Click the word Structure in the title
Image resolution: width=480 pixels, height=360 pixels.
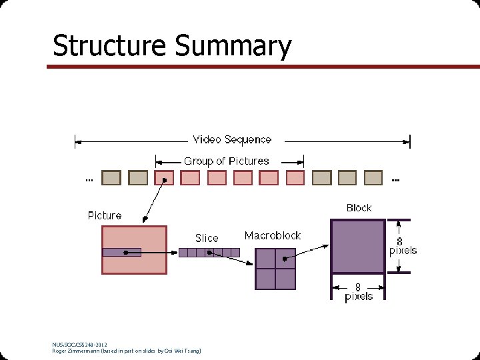[x=110, y=46]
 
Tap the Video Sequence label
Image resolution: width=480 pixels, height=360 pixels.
[x=232, y=139]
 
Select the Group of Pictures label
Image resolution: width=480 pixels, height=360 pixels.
[x=226, y=161]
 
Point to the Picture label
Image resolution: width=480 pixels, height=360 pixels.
[x=105, y=215]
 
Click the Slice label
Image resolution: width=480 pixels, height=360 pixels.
[x=207, y=237]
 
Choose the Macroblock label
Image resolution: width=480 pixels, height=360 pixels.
[x=272, y=235]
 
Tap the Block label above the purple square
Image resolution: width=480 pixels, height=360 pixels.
[x=359, y=208]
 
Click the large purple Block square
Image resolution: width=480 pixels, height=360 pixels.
[x=358, y=247]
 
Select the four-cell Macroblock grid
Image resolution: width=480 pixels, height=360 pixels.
[x=275, y=268]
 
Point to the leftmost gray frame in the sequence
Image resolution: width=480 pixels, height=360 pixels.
[x=111, y=178]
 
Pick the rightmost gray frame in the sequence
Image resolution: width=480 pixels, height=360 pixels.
[x=373, y=178]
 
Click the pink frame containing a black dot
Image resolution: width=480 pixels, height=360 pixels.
[x=164, y=178]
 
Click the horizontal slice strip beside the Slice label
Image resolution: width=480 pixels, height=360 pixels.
[x=209, y=252]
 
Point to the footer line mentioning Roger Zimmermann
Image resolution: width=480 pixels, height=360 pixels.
[x=126, y=351]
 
